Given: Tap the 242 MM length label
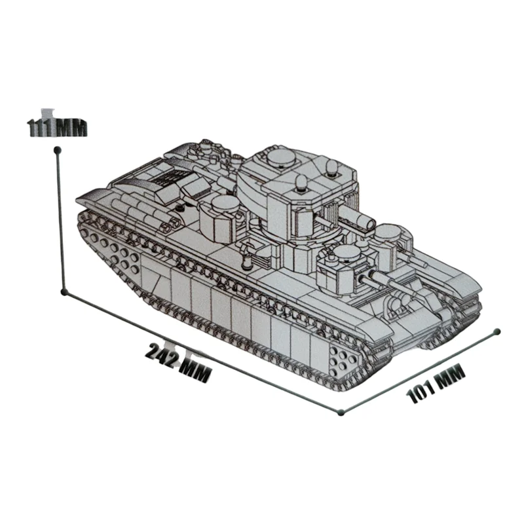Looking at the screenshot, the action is pos(178,363).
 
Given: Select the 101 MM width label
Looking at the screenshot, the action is pos(436,383).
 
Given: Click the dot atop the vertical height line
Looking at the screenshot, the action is pos(57,149).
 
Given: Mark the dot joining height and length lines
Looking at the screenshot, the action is pos(64,292).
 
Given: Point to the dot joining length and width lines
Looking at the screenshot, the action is pos(341,413).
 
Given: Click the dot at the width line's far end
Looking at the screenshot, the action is pos(497,331).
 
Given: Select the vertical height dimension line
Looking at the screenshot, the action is pos(60,221).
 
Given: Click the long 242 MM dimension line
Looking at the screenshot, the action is pos(202,352).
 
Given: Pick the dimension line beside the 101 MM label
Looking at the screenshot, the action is pos(419,372).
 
